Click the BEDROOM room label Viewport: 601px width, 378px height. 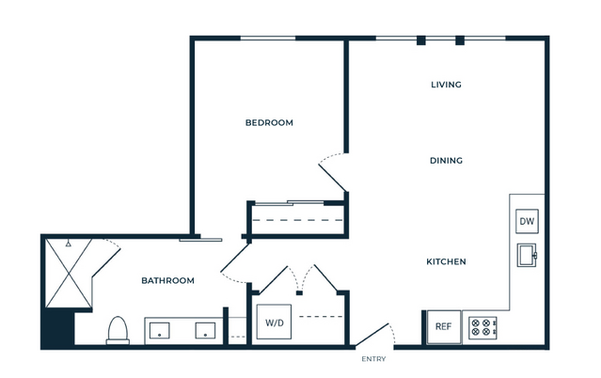coord(269,122)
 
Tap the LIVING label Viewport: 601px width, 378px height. coord(446,85)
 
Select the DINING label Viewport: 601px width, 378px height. coord(446,160)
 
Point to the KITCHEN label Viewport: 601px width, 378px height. coord(446,261)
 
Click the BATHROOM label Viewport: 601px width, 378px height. coord(167,280)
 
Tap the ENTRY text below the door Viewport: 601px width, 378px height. coord(373,359)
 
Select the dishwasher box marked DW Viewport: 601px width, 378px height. coord(527,221)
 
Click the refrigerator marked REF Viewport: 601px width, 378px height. coord(444,326)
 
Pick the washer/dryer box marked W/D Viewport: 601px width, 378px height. coord(274,322)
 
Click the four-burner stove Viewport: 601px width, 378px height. coord(482,327)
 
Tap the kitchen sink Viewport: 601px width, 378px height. coord(527,255)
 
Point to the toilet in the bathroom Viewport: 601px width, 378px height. coord(118,330)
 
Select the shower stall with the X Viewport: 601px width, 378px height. coord(69,274)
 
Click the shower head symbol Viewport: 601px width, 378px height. coord(69,243)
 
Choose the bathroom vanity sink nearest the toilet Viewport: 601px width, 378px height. coord(160,330)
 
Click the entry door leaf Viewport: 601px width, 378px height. coord(372,335)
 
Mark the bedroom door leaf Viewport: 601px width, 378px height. coord(333,178)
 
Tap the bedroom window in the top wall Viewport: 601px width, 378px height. coord(268,38)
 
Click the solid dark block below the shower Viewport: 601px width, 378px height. coord(57,328)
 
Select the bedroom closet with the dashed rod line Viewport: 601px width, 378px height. coord(298,219)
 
